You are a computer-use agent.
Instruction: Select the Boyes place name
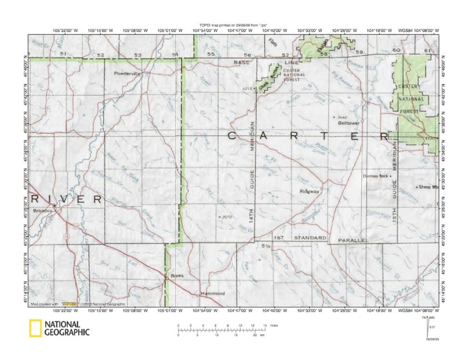click(x=177, y=276)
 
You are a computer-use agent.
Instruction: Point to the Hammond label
click(x=213, y=293)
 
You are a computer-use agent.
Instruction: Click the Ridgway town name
click(x=309, y=191)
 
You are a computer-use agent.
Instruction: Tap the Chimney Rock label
click(x=375, y=176)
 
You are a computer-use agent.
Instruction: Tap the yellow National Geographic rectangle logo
click(x=35, y=328)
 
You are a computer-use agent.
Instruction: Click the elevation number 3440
click(x=342, y=117)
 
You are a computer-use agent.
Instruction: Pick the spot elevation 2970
click(x=225, y=217)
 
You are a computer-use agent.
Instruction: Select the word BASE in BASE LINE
click(x=242, y=63)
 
